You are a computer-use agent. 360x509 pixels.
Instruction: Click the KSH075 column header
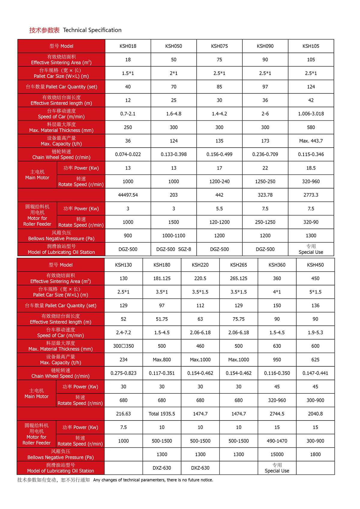tap(219, 46)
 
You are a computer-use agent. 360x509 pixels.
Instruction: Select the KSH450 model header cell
tap(315, 265)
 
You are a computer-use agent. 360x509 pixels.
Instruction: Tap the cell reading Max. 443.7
tap(311, 141)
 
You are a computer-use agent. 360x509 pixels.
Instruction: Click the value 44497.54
tap(128, 195)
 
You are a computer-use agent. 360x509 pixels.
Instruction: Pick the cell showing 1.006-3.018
tap(311, 114)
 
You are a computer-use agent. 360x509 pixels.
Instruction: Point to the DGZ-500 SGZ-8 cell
tap(174, 249)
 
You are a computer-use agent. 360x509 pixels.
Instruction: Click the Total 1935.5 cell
tap(162, 414)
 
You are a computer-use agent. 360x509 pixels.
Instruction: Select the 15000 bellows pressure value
tap(277, 454)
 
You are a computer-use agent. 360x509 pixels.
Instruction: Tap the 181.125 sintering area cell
tap(162, 279)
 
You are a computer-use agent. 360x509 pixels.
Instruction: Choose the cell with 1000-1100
tap(174, 236)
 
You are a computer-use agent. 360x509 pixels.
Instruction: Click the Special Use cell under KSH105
tap(311, 249)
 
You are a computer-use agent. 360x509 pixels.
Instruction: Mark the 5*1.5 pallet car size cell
tap(315, 292)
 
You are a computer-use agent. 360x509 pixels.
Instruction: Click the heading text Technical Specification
tap(92, 30)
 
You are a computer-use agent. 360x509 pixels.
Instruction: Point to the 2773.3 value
tap(311, 195)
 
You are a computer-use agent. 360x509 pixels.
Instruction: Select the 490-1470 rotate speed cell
tap(277, 441)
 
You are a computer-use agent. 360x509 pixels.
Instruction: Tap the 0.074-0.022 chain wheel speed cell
tap(128, 155)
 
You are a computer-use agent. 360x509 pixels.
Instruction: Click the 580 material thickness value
tap(311, 128)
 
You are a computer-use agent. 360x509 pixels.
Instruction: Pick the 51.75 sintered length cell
tap(162, 319)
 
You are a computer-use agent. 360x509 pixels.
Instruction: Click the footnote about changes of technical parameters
tap(153, 480)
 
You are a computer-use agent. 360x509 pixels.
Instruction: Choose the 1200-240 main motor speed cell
tap(219, 182)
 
